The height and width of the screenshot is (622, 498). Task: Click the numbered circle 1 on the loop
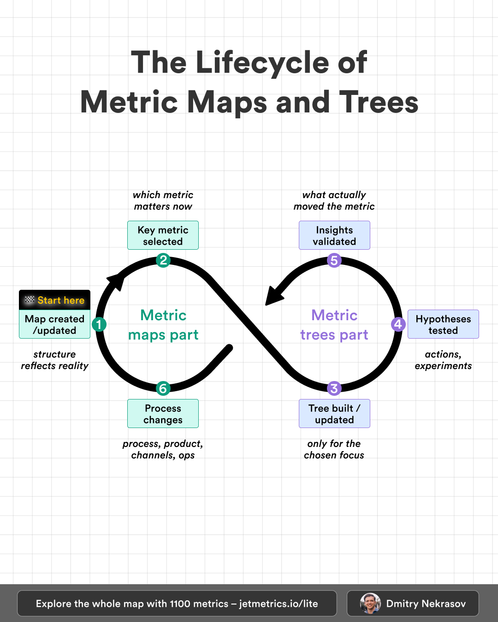[99, 324]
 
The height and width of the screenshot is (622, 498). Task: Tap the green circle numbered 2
[163, 260]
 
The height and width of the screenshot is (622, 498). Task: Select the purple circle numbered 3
[334, 388]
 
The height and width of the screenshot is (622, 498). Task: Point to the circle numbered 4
[398, 324]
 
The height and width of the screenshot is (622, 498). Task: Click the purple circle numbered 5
[334, 260]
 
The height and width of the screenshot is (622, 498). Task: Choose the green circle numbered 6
[163, 388]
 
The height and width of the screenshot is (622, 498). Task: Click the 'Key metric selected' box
[163, 235]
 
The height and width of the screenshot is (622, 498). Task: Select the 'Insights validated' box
[334, 235]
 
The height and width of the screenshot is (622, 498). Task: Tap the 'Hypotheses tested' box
[443, 324]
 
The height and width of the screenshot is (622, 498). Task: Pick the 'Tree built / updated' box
[334, 414]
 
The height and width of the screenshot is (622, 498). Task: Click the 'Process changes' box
[163, 414]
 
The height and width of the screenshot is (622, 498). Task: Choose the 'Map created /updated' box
[54, 324]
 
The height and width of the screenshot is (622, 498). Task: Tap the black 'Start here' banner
[54, 300]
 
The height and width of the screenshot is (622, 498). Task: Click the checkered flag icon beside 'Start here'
[30, 300]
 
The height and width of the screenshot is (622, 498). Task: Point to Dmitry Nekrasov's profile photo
[370, 604]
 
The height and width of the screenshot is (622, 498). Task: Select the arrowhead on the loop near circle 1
[116, 280]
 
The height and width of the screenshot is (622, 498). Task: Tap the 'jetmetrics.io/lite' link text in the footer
[279, 604]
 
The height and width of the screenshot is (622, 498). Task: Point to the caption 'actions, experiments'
[443, 360]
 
